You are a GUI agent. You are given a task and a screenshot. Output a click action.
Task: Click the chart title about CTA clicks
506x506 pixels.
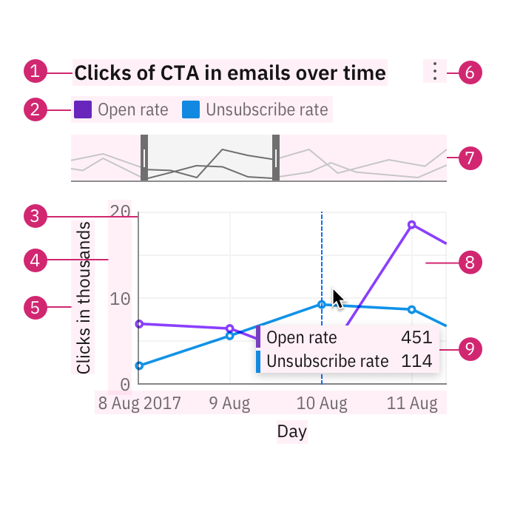(230, 72)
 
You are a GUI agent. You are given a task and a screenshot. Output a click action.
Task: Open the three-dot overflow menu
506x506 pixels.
(435, 71)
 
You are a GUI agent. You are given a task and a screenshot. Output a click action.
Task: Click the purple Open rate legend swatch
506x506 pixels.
(83, 110)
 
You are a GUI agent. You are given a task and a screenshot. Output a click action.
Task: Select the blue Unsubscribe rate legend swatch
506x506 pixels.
(191, 110)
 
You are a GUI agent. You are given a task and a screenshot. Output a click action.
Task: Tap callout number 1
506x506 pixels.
(36, 72)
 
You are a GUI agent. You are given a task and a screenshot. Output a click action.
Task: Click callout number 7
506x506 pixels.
(470, 158)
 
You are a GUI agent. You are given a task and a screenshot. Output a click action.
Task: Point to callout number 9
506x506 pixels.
(470, 349)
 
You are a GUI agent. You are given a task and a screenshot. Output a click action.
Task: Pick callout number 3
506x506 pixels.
(36, 217)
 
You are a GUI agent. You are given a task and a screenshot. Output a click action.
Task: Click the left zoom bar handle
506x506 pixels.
(144, 158)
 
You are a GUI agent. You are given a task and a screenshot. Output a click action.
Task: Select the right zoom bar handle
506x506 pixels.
(276, 158)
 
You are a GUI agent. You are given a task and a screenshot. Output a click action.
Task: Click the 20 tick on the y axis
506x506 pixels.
(121, 212)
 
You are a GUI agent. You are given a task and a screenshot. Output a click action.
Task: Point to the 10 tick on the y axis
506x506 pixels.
(121, 298)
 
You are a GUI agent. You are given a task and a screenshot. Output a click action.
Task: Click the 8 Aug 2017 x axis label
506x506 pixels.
(139, 404)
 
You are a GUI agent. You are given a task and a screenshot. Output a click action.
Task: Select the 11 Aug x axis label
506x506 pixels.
(412, 404)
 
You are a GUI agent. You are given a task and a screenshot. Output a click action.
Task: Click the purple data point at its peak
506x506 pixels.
(412, 224)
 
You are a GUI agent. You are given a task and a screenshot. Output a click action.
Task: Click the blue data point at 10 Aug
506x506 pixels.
(322, 305)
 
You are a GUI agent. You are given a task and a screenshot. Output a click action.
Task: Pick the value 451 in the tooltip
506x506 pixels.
(416, 338)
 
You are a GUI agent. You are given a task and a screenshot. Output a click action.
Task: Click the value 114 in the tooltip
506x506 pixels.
(416, 362)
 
